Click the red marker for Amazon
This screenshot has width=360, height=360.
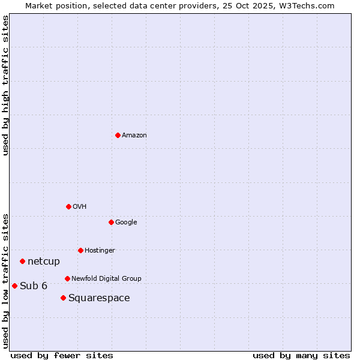click(118, 135)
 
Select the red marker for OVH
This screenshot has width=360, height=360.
click(68, 206)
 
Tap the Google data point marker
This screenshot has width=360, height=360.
click(111, 222)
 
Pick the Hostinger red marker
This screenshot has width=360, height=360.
click(80, 250)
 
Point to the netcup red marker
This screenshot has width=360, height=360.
click(22, 261)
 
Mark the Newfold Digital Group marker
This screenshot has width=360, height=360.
click(67, 278)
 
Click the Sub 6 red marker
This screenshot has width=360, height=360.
click(14, 286)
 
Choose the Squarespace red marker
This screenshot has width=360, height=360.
click(63, 298)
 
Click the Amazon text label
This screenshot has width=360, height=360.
click(134, 136)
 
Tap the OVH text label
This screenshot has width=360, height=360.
click(80, 207)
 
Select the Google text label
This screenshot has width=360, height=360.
click(126, 223)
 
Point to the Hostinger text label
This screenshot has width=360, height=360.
click(100, 251)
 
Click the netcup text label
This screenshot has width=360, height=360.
click(44, 262)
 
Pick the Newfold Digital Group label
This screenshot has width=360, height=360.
click(106, 279)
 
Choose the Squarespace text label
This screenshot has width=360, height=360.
click(99, 298)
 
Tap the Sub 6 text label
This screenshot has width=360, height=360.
click(34, 286)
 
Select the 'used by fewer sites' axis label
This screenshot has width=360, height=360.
click(62, 355)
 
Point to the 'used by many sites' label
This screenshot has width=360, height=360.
click(301, 355)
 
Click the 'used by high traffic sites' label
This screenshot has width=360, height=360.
click(5, 85)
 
